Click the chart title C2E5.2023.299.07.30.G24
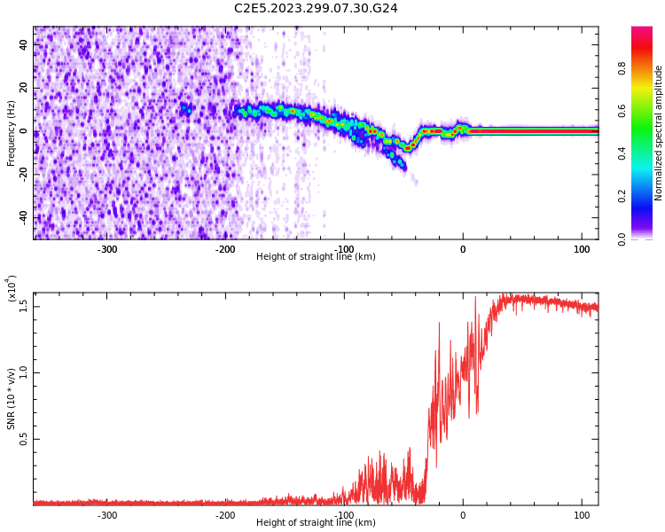coord(316,8)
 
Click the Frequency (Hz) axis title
coord(12,133)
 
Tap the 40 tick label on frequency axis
coord(24,44)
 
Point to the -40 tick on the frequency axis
coord(21,217)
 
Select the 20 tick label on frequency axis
coord(24,88)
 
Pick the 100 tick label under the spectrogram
coord(581,249)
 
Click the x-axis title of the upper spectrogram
coord(316,257)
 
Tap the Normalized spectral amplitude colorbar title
coord(659,133)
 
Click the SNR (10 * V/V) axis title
coord(12,399)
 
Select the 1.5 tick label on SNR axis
coord(24,305)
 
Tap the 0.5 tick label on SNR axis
coord(24,438)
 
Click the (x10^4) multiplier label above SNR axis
coord(12,289)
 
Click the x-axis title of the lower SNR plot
coord(316,523)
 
